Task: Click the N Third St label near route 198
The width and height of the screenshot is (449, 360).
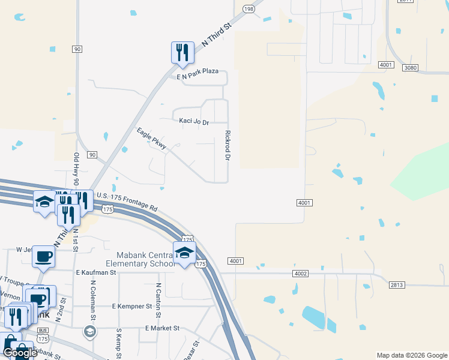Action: click(217, 36)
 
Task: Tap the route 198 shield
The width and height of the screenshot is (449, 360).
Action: click(249, 8)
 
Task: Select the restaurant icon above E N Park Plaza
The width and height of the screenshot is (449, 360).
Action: click(182, 53)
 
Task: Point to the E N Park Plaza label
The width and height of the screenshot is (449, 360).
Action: click(197, 71)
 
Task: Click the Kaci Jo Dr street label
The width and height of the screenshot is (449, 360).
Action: click(194, 121)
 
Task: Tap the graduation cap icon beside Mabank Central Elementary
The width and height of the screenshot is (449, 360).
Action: click(184, 253)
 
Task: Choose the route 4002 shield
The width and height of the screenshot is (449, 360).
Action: click(301, 274)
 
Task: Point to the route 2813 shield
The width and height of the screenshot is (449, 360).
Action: click(397, 285)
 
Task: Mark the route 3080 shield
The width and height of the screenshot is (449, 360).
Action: click(411, 68)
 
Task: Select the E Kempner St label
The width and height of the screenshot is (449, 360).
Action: click(132, 306)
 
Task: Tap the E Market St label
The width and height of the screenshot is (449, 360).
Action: click(162, 328)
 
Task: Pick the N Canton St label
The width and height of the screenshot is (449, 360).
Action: click(158, 301)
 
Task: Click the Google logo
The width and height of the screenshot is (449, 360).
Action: click(20, 353)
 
